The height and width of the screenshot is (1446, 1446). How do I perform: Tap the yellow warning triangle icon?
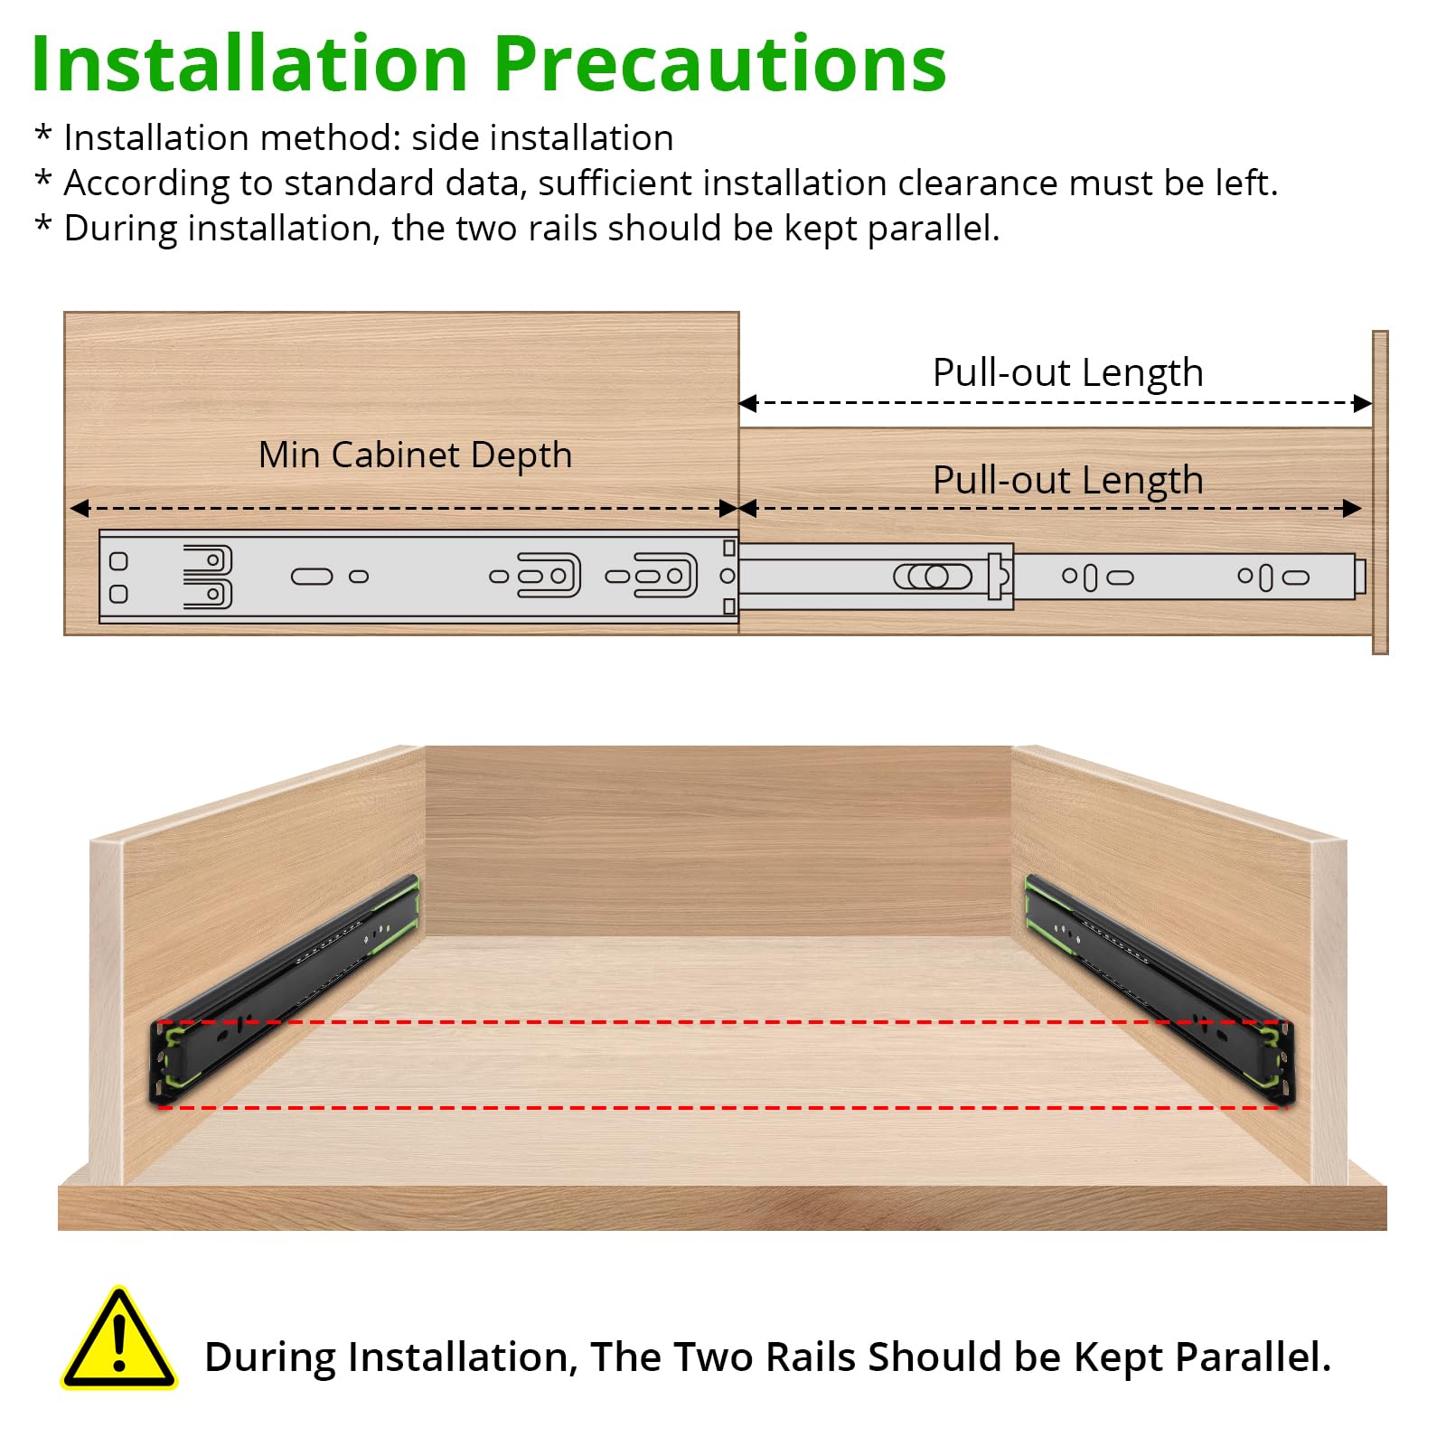[x=119, y=1338]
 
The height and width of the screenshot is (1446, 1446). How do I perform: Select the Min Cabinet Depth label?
[x=416, y=455]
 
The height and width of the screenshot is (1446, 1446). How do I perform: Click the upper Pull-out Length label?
[x=1068, y=372]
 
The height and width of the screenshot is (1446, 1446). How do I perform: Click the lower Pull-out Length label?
[x=1068, y=480]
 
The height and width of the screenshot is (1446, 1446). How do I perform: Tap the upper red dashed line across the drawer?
[x=721, y=1022]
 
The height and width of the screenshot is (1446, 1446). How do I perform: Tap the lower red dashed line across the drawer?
[x=721, y=1107]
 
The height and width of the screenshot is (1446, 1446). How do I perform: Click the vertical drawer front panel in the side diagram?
[x=1380, y=493]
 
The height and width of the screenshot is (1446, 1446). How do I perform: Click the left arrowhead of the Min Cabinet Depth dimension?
[x=80, y=509]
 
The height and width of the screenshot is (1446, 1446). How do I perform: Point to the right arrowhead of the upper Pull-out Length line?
[x=1363, y=403]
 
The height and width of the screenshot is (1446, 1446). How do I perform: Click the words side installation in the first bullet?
[x=542, y=138]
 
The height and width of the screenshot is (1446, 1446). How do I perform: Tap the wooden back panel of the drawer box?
[x=718, y=840]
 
